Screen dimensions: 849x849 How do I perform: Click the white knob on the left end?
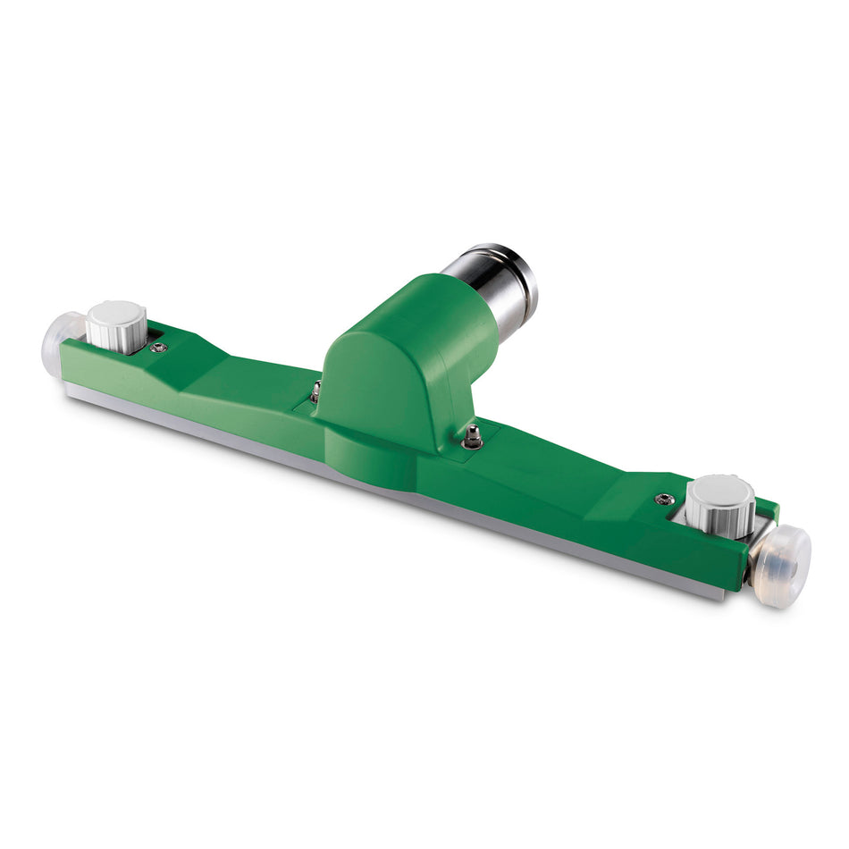coord(116,326)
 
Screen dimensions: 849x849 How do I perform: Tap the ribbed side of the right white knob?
coord(719,517)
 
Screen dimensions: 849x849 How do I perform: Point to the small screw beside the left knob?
coord(158,347)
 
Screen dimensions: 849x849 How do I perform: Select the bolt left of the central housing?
coord(315,391)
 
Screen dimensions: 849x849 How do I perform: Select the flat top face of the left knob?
coord(116,314)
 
